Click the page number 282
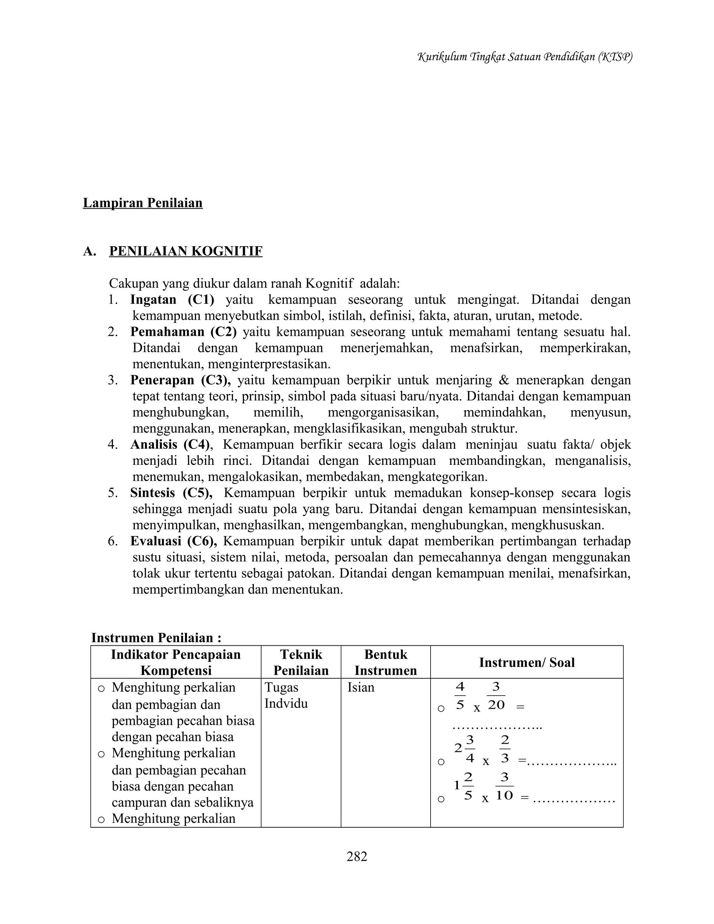pyautogui.click(x=357, y=856)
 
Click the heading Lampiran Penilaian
pyautogui.click(x=143, y=203)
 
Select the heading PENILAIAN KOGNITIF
pyautogui.click(x=186, y=251)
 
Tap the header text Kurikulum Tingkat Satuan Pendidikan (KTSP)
pyautogui.click(x=524, y=57)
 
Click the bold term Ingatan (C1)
pyautogui.click(x=172, y=300)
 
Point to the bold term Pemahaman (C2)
pyautogui.click(x=183, y=332)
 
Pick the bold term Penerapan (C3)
pyautogui.click(x=180, y=380)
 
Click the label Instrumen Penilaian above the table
pyautogui.click(x=156, y=638)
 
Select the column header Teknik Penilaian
pyautogui.click(x=301, y=662)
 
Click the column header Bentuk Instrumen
pyautogui.click(x=385, y=662)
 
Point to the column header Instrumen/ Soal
pyautogui.click(x=527, y=662)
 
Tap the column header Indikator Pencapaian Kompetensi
pyautogui.click(x=176, y=662)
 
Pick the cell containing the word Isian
pyautogui.click(x=361, y=688)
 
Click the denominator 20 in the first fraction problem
pyautogui.click(x=496, y=705)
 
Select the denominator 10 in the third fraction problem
pyautogui.click(x=504, y=795)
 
